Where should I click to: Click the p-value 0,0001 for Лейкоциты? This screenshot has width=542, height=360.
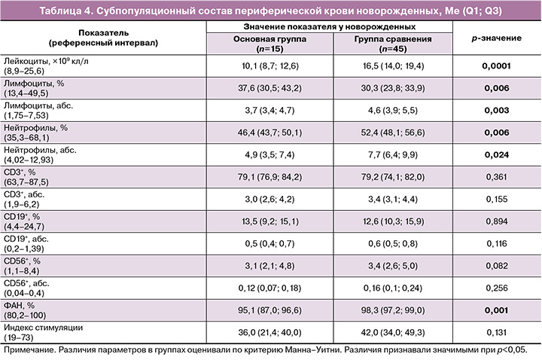point(497,66)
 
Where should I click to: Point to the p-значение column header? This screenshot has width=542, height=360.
point(497,37)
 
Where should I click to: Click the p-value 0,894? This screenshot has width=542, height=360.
point(497,222)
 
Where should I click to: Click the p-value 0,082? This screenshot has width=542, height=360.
point(497,266)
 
